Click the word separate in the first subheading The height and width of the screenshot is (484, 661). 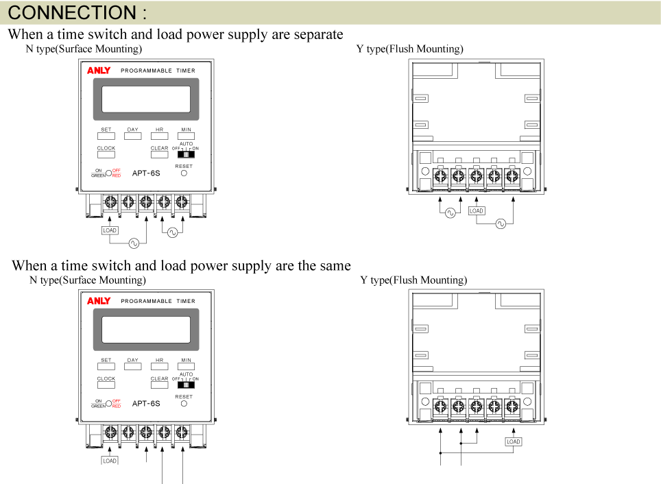[x=316, y=34]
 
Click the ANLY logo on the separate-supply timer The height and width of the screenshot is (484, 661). [x=99, y=71]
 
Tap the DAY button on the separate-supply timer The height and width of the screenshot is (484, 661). [x=133, y=136]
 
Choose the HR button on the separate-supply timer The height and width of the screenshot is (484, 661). [x=159, y=136]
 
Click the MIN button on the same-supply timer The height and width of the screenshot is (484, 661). [x=187, y=366]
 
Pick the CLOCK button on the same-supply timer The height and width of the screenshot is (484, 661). [x=106, y=385]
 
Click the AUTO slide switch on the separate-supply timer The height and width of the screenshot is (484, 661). [x=186, y=154]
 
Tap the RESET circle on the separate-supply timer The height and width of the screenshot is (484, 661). [x=184, y=173]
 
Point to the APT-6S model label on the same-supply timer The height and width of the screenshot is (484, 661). [x=146, y=404]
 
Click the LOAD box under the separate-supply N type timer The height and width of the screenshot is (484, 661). [x=110, y=230]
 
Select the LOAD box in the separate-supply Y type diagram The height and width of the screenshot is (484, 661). [x=477, y=211]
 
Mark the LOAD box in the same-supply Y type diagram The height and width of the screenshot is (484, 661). [x=514, y=441]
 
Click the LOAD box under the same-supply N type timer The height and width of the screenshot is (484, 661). [x=110, y=461]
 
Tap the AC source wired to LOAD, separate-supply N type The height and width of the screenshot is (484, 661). [x=133, y=243]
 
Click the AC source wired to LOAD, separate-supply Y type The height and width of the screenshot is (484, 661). [x=501, y=223]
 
